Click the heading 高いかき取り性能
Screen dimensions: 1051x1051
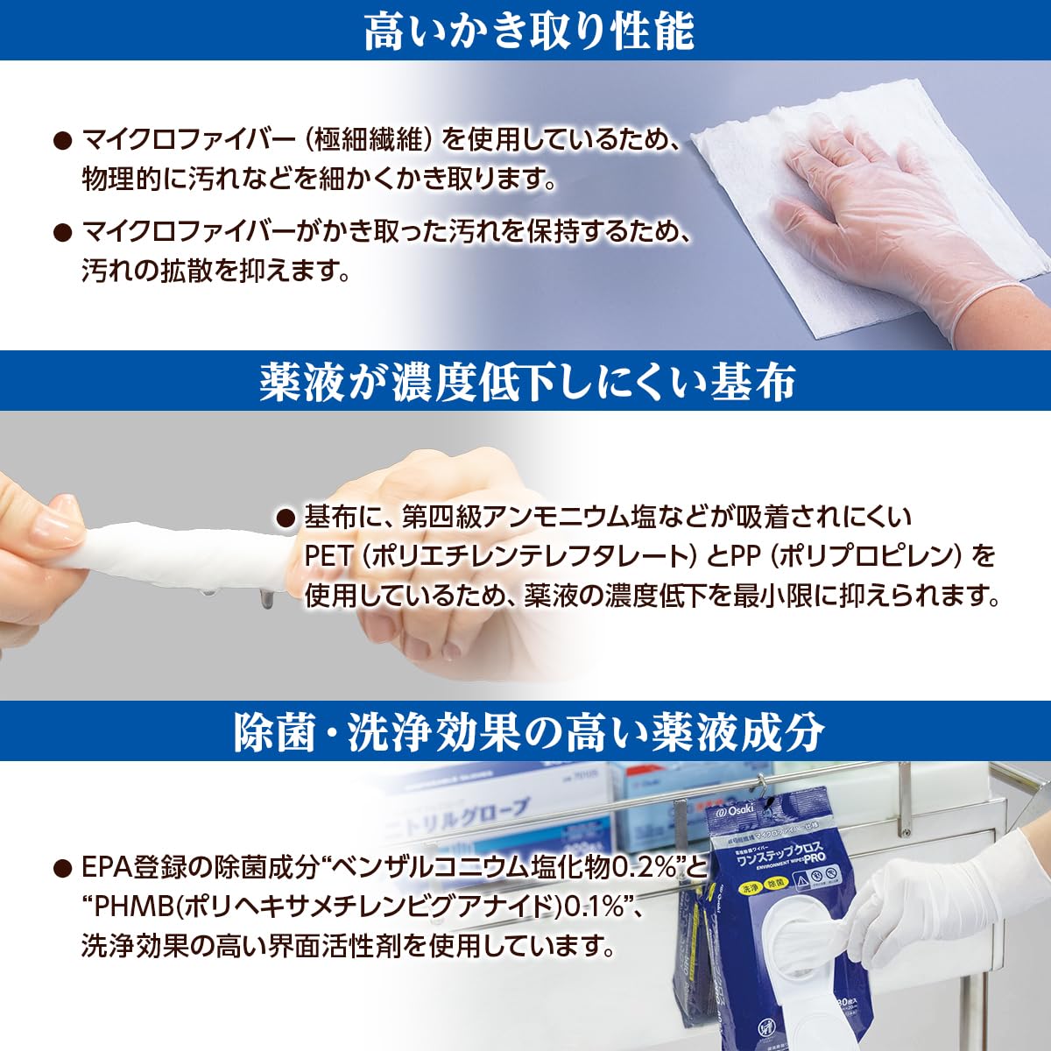[528, 32]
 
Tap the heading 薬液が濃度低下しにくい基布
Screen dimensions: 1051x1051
[526, 382]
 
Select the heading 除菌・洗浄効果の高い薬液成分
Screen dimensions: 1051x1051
[528, 732]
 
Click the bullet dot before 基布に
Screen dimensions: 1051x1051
[285, 518]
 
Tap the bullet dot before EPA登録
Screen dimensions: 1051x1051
[61, 868]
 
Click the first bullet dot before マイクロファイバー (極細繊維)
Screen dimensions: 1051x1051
[61, 139]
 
